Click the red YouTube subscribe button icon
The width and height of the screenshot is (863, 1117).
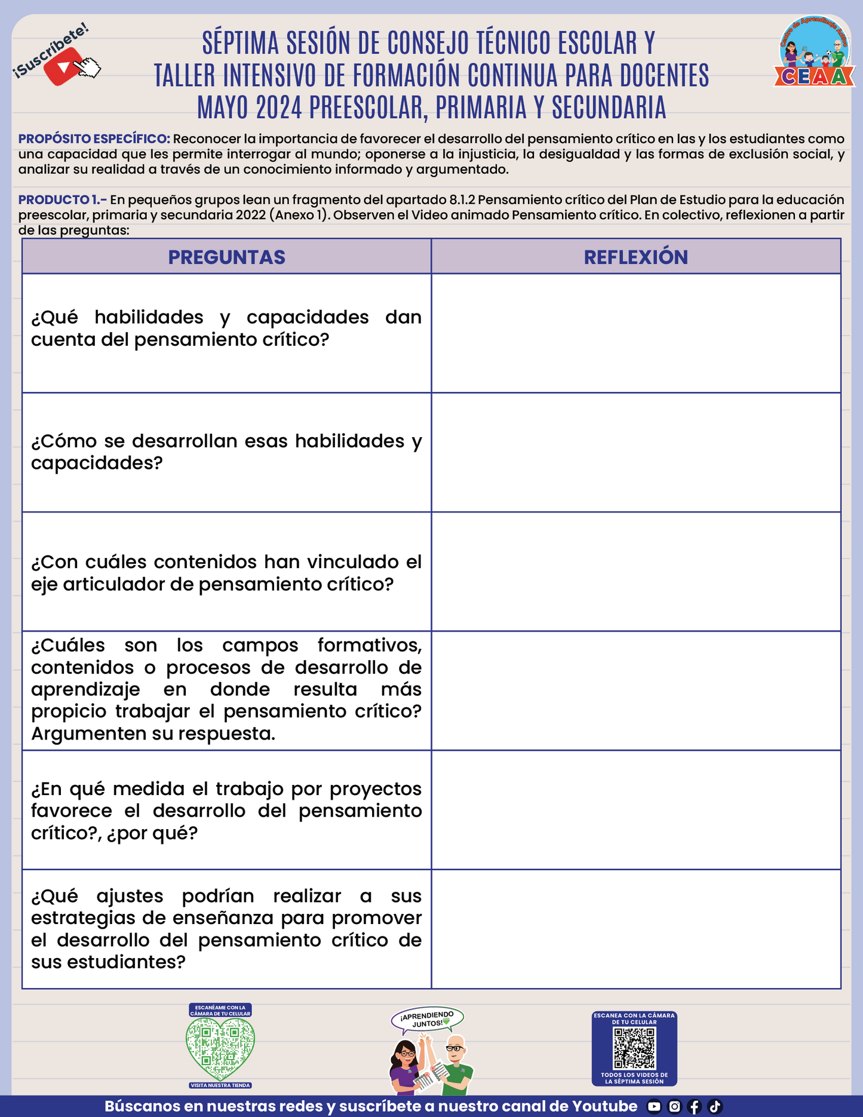point(64,67)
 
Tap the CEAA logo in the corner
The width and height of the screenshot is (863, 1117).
point(815,53)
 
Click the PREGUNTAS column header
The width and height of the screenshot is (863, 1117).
point(226,257)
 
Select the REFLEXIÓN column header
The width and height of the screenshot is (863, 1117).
point(635,257)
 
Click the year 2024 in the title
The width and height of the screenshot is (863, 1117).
point(280,108)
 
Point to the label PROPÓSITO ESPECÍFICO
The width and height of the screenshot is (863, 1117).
point(94,139)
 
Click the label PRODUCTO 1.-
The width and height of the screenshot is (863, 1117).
point(63,200)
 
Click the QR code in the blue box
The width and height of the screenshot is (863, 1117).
point(634,1048)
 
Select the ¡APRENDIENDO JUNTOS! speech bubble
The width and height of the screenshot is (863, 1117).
point(427,1019)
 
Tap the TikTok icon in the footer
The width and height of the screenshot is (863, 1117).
point(715,1106)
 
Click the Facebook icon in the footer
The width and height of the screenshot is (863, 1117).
point(694,1106)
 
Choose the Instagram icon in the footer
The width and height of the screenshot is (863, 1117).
point(674,1106)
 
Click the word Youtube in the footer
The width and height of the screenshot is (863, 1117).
point(604,1106)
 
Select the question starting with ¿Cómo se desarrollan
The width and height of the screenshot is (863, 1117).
point(226,452)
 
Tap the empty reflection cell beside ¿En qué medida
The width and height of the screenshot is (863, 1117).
point(635,810)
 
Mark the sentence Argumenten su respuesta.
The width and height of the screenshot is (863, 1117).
point(153,734)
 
